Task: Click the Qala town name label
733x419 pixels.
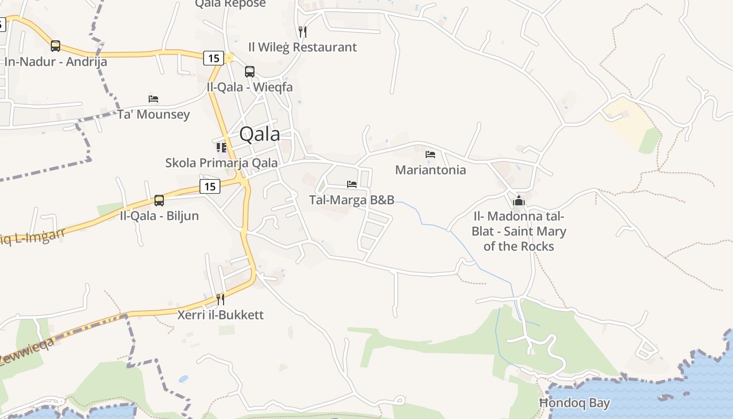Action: click(259, 135)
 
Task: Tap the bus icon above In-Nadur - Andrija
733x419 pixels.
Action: click(55, 46)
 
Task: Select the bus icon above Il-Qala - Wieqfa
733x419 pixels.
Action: click(250, 72)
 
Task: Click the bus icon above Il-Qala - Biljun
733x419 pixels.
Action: click(159, 201)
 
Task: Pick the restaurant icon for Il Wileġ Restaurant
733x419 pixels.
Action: click(303, 31)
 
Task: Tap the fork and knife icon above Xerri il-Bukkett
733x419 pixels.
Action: click(220, 300)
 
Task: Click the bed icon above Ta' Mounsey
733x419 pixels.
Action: click(153, 99)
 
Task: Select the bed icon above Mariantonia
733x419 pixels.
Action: click(430, 155)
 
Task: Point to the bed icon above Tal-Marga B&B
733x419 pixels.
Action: click(352, 184)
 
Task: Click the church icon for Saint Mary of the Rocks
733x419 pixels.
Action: click(519, 201)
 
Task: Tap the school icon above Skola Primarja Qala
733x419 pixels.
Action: click(221, 148)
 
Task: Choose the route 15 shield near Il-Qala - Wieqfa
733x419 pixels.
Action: click(214, 58)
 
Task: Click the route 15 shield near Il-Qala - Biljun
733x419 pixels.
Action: click(210, 186)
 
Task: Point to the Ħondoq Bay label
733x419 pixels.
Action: click(574, 403)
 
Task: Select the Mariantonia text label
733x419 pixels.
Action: click(430, 170)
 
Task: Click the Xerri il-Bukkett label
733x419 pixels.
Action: click(220, 315)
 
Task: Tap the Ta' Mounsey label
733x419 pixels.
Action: click(153, 114)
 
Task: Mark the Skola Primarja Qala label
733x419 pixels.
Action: click(221, 163)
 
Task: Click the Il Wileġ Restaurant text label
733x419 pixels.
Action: click(303, 47)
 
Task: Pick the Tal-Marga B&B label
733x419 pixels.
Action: click(352, 200)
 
